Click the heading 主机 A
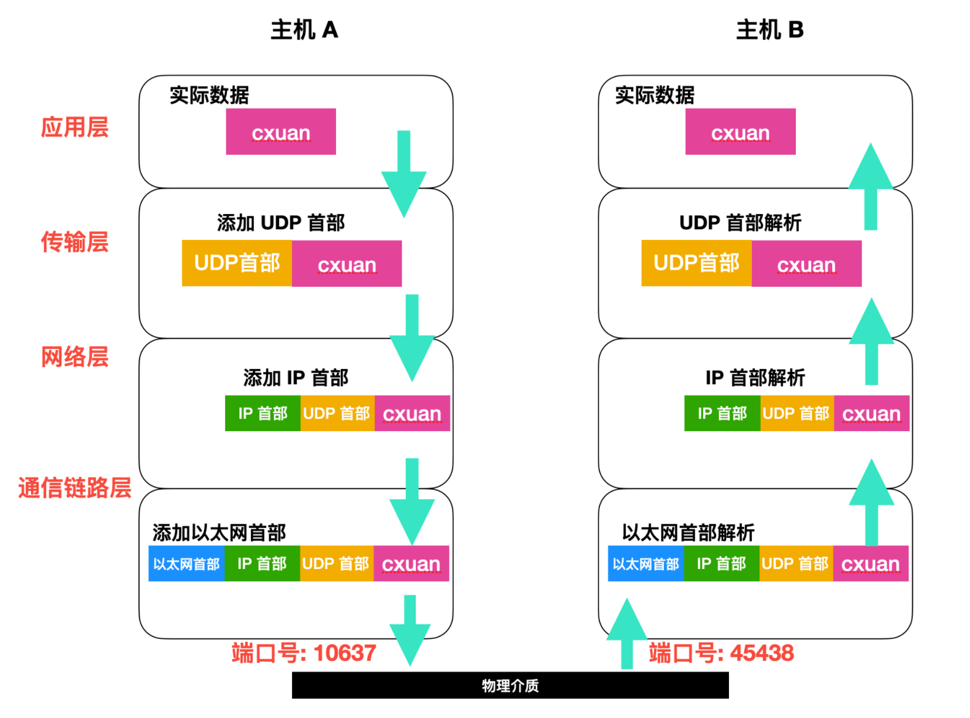[x=304, y=30]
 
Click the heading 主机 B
[x=769, y=30]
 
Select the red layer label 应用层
[x=74, y=127]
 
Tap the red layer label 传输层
[x=74, y=242]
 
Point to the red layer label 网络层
[x=74, y=357]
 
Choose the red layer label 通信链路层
[x=74, y=488]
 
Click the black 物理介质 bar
[x=510, y=685]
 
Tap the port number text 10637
[x=344, y=653]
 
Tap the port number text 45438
[x=762, y=653]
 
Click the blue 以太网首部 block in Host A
[x=186, y=564]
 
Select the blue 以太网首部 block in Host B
[x=646, y=564]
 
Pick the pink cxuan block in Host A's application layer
[x=281, y=132]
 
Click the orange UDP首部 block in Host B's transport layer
[x=696, y=263]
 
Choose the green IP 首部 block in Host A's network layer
[x=263, y=414]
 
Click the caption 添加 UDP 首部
[x=281, y=223]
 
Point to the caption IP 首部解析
[x=755, y=378]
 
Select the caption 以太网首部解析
[x=688, y=533]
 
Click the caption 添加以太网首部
[x=219, y=533]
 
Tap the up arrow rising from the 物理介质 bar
[x=627, y=634]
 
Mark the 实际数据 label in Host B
[x=654, y=95]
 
